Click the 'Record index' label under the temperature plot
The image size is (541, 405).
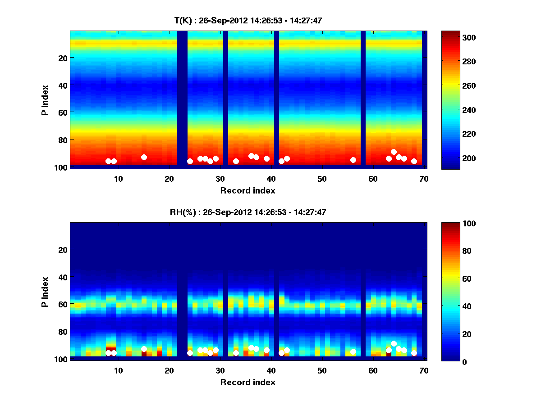(x=248, y=190)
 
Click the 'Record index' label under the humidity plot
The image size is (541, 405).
(x=248, y=382)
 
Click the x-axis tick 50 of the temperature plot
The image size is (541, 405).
(x=322, y=179)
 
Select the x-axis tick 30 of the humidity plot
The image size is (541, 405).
(x=220, y=370)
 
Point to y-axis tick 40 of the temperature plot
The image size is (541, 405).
(x=62, y=85)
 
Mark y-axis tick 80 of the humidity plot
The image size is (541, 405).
(x=62, y=332)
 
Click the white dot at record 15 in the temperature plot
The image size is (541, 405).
(x=144, y=157)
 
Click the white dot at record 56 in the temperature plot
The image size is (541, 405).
(x=353, y=160)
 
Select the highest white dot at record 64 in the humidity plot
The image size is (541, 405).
(x=394, y=343)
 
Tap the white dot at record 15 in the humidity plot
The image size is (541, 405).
(x=144, y=349)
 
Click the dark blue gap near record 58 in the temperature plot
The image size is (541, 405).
(x=363, y=99)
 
